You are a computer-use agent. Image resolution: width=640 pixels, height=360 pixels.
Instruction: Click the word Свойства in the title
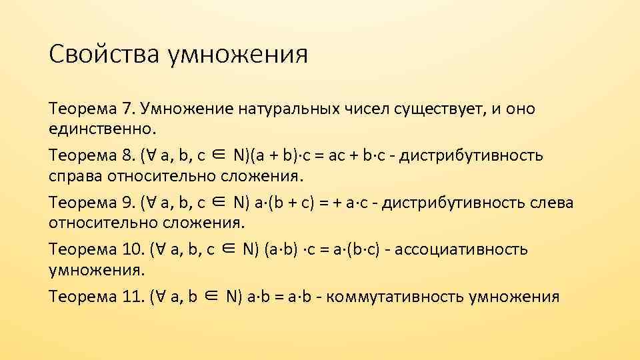point(103,55)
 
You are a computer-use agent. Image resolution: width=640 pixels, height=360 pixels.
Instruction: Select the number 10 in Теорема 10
point(131,249)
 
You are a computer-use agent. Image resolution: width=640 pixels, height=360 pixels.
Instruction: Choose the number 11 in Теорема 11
point(131,297)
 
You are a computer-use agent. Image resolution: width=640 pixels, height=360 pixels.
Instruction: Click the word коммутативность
point(395,297)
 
